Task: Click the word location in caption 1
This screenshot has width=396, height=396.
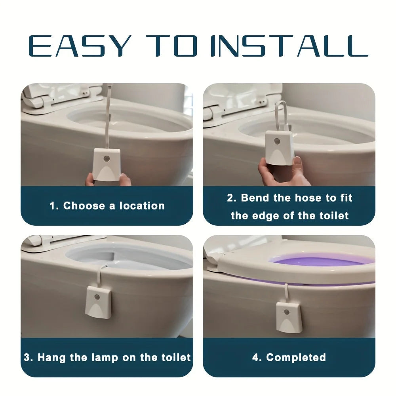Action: (142, 206)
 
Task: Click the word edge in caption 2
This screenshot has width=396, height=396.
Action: (264, 216)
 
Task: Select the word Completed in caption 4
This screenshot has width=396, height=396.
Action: (296, 358)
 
